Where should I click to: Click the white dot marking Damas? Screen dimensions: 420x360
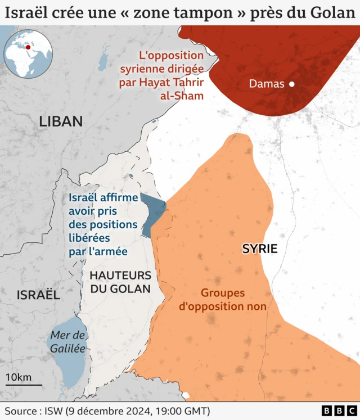coord(292,84)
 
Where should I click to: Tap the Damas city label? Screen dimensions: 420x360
coord(267,84)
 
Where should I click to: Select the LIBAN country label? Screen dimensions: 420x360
coord(61,121)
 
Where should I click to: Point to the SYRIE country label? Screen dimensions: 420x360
coord(260,249)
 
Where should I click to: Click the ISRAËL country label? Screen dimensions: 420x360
coord(38,295)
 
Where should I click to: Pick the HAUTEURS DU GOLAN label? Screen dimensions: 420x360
coord(120,282)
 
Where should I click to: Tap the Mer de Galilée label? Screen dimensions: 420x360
coord(67,341)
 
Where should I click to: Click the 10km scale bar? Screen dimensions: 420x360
coord(24,385)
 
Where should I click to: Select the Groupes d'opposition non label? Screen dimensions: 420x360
coord(222,300)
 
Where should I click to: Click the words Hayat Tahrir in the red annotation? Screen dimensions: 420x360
coord(169,83)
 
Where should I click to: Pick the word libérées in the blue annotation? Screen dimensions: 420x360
coord(91,238)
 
